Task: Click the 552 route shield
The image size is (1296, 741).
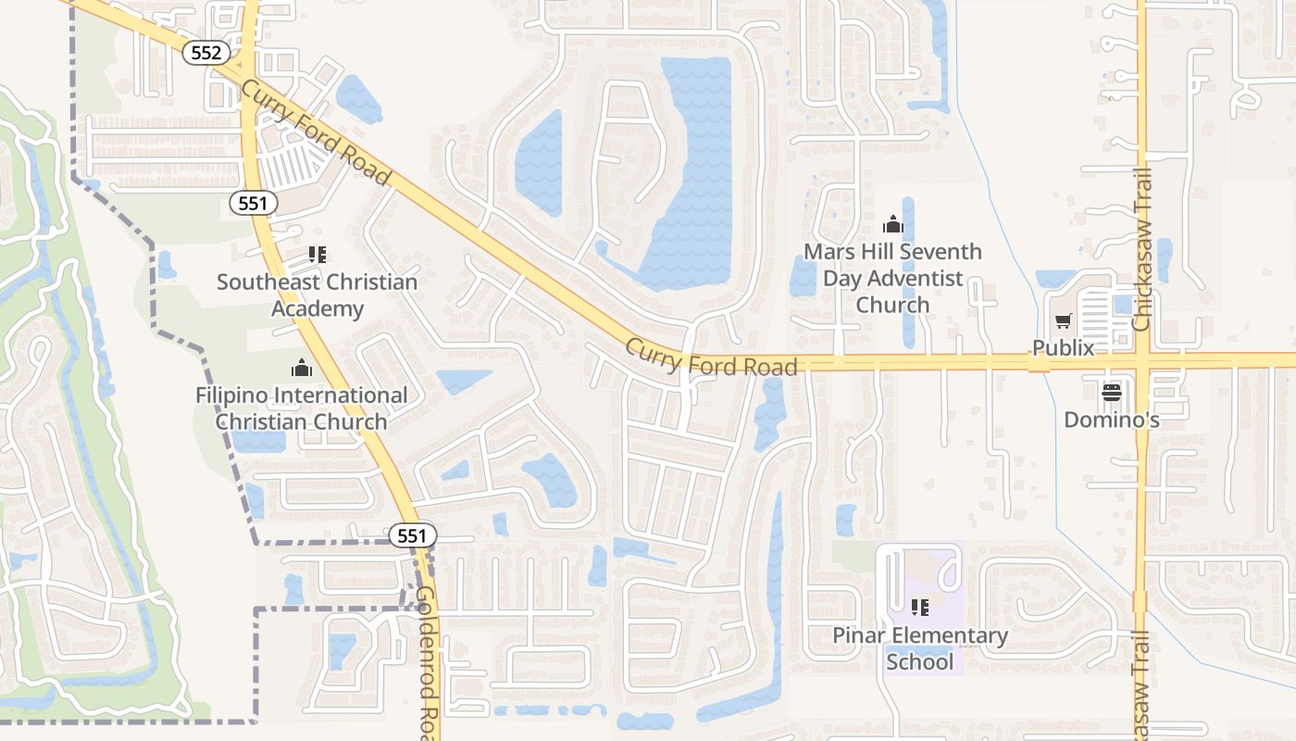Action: point(205,53)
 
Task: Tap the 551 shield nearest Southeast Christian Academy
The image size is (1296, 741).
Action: point(253,203)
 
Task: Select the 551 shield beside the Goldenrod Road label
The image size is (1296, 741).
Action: point(412,535)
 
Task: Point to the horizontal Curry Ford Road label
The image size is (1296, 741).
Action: point(711,358)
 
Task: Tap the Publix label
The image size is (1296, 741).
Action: point(1064,348)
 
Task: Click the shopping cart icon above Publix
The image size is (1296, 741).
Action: point(1064,321)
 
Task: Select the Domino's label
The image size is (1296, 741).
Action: point(1111,420)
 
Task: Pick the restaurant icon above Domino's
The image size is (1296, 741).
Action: point(1111,393)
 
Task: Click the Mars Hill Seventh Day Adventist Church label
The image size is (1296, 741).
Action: point(892,278)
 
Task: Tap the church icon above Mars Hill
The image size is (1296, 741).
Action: point(892,224)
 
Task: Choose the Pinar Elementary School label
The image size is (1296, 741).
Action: point(919,648)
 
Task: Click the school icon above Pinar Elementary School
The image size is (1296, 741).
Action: point(919,608)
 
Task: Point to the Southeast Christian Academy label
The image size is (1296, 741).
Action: point(317,295)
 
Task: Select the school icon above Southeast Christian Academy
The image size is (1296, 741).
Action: point(317,254)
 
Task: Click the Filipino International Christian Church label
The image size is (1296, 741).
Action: point(302,408)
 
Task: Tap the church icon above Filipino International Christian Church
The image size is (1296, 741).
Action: point(302,368)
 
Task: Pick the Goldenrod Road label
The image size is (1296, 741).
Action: point(428,662)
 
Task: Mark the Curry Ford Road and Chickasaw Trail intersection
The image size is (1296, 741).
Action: point(1141,361)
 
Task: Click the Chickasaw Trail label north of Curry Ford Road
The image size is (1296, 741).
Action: point(1141,250)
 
